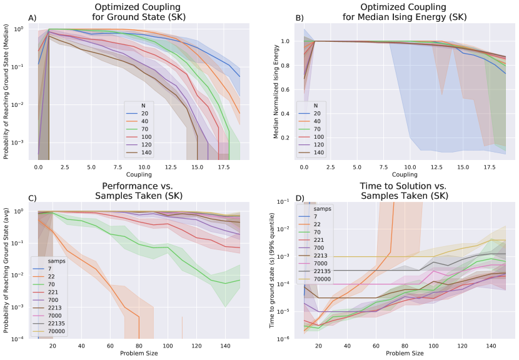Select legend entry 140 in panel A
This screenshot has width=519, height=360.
pos(146,152)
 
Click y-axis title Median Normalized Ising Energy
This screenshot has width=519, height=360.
pos(276,89)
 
